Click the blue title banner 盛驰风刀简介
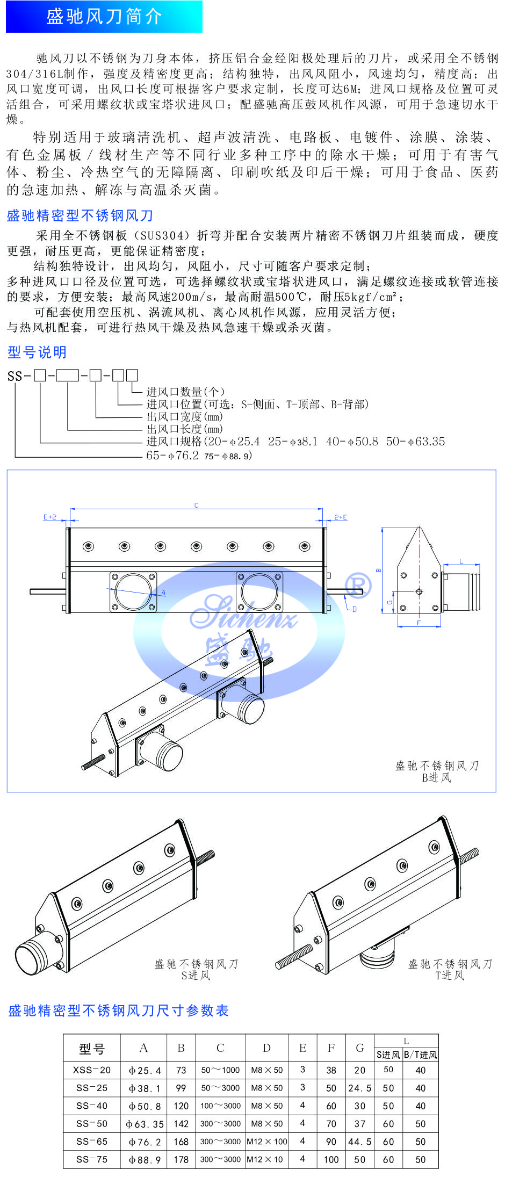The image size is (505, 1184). [104, 17]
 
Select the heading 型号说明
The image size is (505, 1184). [37, 352]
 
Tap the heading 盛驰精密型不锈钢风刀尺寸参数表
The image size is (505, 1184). [118, 1010]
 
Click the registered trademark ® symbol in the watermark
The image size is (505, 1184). [357, 585]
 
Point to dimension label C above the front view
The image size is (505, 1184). [196, 505]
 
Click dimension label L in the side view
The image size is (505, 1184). [461, 561]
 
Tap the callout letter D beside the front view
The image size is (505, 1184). [354, 609]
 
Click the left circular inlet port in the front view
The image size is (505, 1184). [133, 591]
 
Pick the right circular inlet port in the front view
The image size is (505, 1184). [259, 591]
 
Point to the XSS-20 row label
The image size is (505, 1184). [92, 1070]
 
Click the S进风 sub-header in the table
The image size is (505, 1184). [388, 1055]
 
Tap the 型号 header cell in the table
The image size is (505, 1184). [92, 1048]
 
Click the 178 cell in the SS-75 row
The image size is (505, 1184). [181, 1159]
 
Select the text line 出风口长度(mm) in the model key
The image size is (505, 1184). [184, 429]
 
